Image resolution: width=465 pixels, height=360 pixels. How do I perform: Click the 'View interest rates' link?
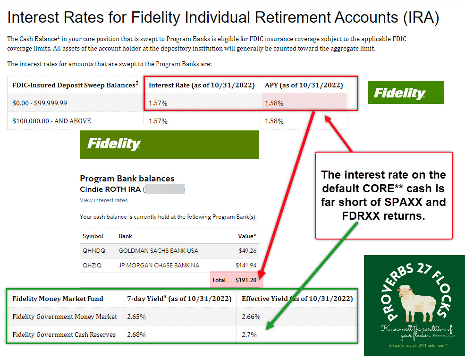tap(103, 200)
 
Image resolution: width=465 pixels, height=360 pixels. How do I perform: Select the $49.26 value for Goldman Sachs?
tap(248, 250)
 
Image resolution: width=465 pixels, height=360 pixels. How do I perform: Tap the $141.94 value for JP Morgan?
tap(246, 266)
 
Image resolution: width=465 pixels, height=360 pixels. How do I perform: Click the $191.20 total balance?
tap(245, 280)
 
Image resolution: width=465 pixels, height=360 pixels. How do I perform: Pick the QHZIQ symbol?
tap(92, 266)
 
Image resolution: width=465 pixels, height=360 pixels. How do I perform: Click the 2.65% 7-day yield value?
tap(136, 317)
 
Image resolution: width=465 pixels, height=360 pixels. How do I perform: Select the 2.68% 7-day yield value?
tap(136, 334)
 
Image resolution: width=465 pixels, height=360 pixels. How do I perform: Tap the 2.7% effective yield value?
tap(248, 334)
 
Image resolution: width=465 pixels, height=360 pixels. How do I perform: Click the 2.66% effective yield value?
tap(251, 317)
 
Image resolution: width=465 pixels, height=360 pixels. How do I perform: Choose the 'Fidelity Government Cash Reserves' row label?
tap(64, 334)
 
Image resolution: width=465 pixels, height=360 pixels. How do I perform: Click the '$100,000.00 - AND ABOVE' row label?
tap(52, 121)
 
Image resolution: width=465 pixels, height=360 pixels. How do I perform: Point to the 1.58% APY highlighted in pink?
tap(274, 103)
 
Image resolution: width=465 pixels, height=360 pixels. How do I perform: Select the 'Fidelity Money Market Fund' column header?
tap(58, 299)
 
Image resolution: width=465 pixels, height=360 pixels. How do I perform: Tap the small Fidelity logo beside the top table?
tap(406, 93)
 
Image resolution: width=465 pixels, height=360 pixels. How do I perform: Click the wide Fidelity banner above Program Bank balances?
tap(169, 144)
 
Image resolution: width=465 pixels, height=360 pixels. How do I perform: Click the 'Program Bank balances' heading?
tap(127, 179)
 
